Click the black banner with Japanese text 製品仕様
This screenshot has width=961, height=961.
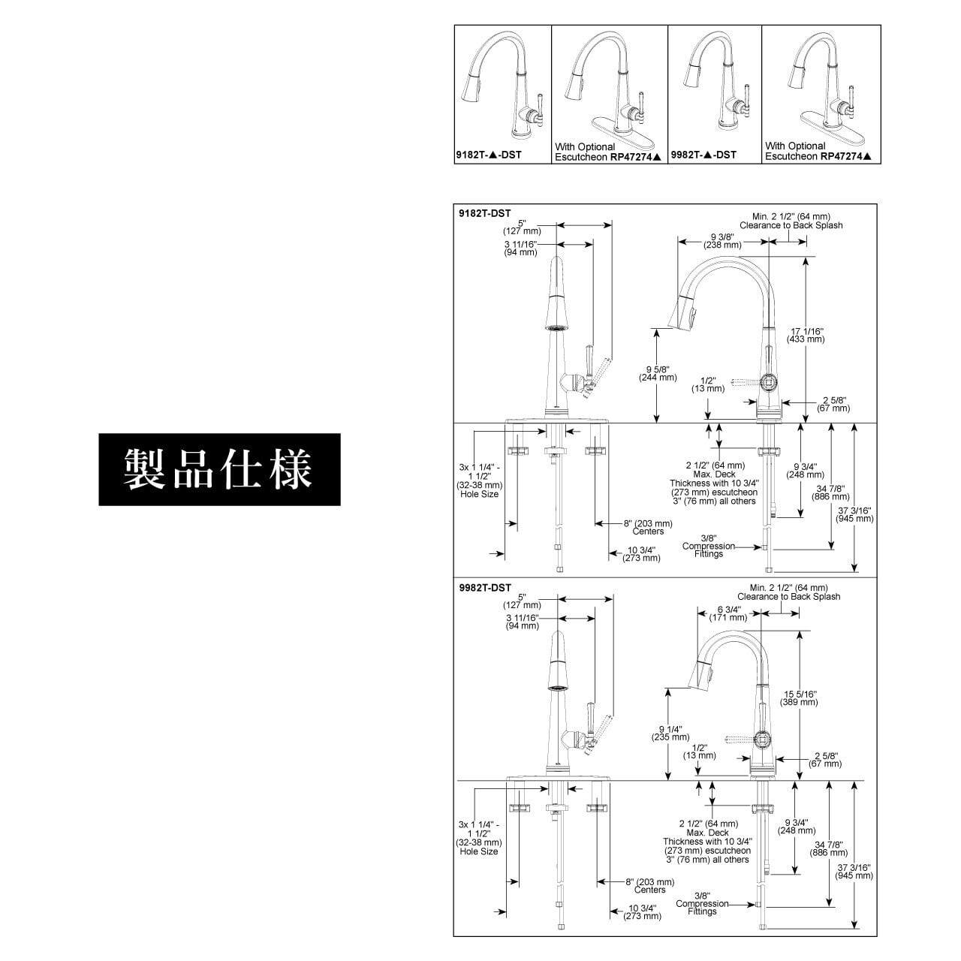(219, 469)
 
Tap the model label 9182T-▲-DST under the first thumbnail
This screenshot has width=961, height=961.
(489, 155)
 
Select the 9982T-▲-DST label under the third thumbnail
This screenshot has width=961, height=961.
(703, 155)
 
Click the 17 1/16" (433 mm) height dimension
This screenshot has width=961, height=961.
(806, 335)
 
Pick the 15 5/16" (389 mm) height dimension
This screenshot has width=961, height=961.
(799, 697)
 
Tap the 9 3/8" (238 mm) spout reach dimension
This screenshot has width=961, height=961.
(722, 241)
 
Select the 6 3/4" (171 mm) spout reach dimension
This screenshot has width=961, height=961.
(728, 613)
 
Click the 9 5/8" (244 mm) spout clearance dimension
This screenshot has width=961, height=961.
(658, 374)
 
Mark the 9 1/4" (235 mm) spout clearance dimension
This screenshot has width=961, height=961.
(670, 733)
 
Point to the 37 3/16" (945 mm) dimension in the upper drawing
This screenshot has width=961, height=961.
(854, 514)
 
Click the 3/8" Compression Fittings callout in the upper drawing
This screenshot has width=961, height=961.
(708, 546)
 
